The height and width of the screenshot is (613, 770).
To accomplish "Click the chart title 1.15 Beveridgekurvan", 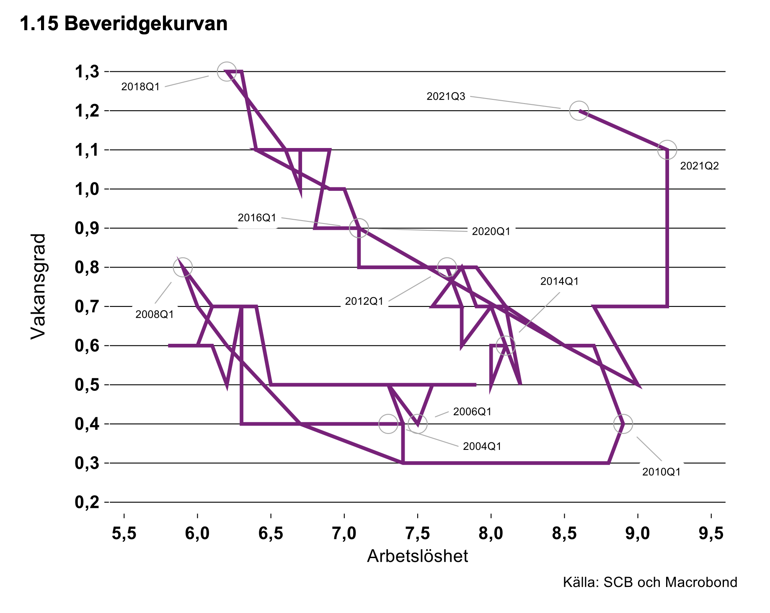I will [x=124, y=24].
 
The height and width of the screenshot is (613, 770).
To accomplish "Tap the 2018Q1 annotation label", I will [x=140, y=87].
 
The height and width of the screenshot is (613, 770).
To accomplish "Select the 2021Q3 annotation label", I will [x=446, y=96].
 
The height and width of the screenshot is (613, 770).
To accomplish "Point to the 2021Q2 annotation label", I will [x=699, y=166].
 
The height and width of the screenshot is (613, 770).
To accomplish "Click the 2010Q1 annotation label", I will [x=661, y=472].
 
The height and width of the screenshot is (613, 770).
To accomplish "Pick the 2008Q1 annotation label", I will [x=155, y=314].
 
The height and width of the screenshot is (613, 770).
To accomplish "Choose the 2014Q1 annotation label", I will [x=559, y=281].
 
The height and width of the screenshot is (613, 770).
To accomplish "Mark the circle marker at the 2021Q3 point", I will [x=579, y=111].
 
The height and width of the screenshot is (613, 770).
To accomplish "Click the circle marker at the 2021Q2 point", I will [x=667, y=150].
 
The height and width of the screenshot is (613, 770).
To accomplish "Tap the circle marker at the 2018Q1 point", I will [x=227, y=72].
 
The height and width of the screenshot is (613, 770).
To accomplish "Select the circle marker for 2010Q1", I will [x=623, y=424].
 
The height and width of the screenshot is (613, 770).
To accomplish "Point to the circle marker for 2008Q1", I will [x=183, y=267].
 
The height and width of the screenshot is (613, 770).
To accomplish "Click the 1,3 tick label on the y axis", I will [x=87, y=72].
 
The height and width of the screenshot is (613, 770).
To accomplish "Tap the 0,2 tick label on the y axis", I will [x=87, y=502].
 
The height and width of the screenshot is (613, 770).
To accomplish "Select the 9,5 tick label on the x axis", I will [x=711, y=533].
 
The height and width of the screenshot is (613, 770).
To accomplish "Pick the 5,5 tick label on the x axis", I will [x=124, y=533].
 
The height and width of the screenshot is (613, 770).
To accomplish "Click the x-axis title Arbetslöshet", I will [x=417, y=556].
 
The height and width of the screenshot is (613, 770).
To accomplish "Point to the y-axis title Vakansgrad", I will [x=38, y=286].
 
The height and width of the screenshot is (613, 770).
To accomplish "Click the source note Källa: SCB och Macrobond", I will [x=650, y=582].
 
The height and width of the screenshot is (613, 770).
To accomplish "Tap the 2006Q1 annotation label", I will [x=472, y=412].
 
